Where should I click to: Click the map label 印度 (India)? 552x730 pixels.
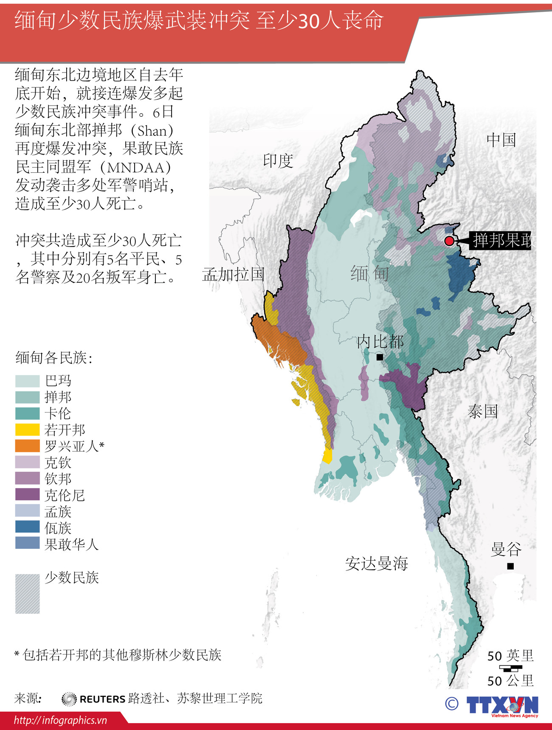click(278, 161)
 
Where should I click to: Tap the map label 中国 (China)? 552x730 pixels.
click(501, 140)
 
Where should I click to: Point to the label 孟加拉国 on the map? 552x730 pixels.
click(234, 275)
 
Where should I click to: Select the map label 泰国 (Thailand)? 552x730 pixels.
click(482, 411)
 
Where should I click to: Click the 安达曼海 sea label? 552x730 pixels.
click(376, 564)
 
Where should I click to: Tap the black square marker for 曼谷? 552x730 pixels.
click(510, 566)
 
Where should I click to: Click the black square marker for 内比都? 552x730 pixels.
click(380, 357)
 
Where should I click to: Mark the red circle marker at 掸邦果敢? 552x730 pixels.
click(449, 241)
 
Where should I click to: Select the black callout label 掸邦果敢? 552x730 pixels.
click(501, 241)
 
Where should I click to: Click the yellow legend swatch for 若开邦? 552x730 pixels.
click(28, 430)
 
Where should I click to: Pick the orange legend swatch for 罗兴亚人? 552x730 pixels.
click(28, 446)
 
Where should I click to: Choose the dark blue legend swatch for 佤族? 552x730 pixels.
click(28, 527)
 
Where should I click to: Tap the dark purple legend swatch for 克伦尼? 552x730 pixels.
click(28, 494)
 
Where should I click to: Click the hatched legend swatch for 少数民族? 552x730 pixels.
click(28, 594)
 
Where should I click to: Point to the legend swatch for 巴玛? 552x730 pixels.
click(28, 381)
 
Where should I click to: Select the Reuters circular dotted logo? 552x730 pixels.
click(69, 699)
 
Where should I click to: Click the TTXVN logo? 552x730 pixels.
click(502, 705)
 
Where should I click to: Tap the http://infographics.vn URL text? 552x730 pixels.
click(60, 720)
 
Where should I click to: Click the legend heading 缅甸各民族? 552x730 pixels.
click(54, 358)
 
